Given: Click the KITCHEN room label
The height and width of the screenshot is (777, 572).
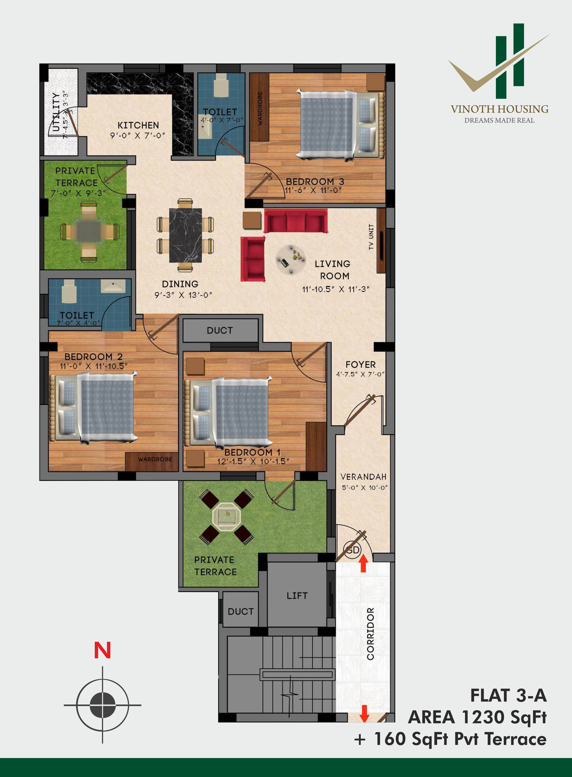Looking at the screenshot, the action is point(138,125).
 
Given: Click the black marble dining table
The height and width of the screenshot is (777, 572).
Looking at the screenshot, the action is point(185,235).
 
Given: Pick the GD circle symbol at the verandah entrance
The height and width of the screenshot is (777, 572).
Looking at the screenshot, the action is point(352,550).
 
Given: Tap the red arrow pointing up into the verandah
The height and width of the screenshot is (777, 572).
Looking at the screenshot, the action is point(363,563).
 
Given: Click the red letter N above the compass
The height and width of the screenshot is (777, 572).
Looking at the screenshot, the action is point(102,651).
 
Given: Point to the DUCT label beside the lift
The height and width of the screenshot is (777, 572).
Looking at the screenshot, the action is point(241,611).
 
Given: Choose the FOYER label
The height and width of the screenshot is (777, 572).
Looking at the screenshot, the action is point(360,364).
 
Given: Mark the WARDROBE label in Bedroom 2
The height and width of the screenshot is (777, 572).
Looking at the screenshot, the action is point(155,459).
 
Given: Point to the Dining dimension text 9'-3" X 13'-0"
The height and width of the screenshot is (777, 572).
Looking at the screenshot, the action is point(183,295).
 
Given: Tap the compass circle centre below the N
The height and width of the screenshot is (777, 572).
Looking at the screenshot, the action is point(102,705).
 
